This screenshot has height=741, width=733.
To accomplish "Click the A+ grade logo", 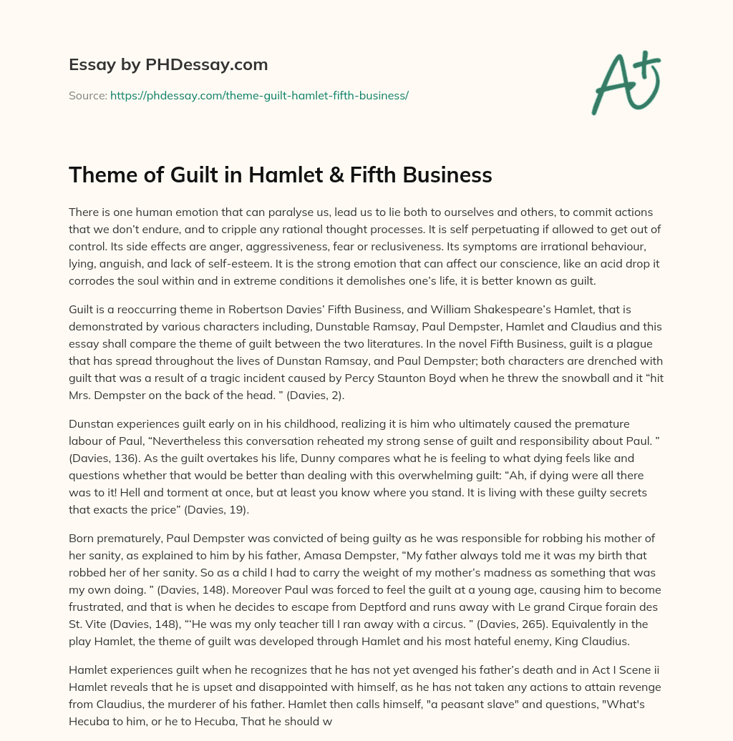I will pos(626,82).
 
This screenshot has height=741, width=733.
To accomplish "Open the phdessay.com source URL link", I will pos(259,95).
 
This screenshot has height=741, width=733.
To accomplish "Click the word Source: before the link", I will pos(87,95).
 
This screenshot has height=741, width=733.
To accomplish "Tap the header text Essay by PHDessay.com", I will pos(168,64).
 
